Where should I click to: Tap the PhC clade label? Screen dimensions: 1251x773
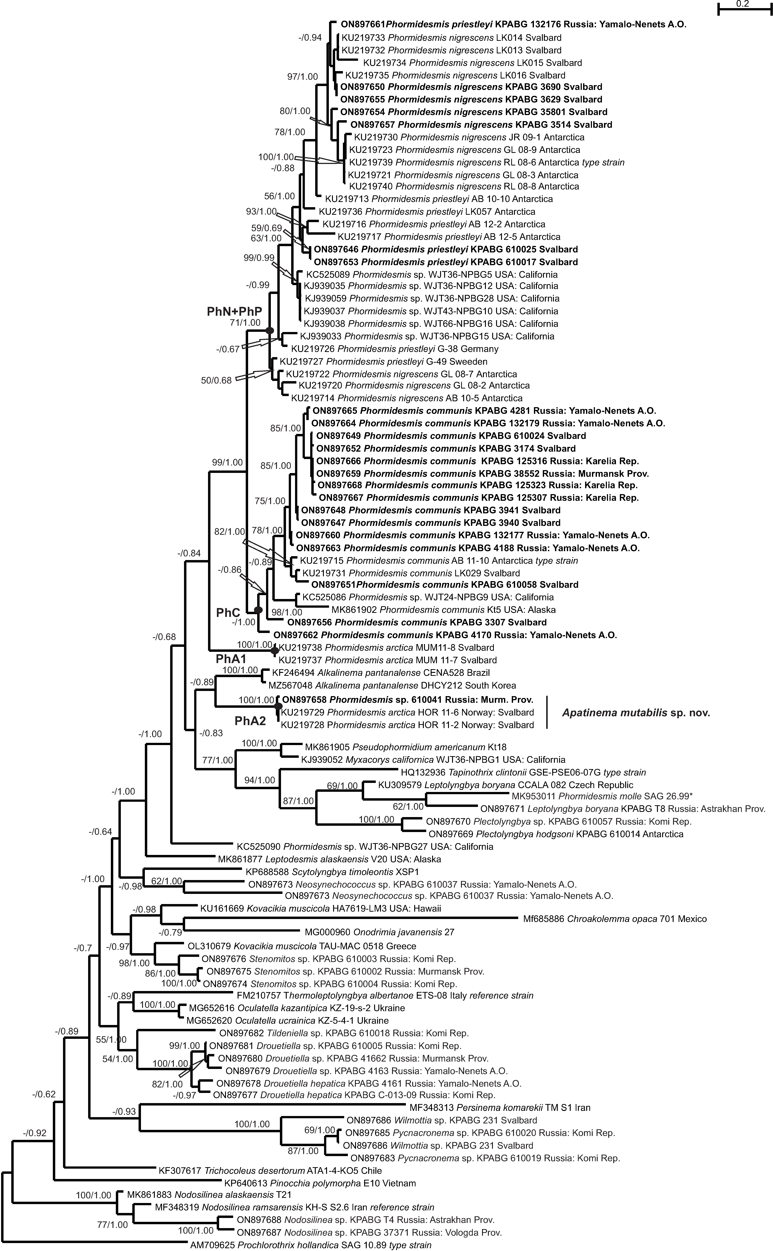[x=228, y=613]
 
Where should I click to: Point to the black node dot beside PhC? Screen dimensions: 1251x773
[x=258, y=610]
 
